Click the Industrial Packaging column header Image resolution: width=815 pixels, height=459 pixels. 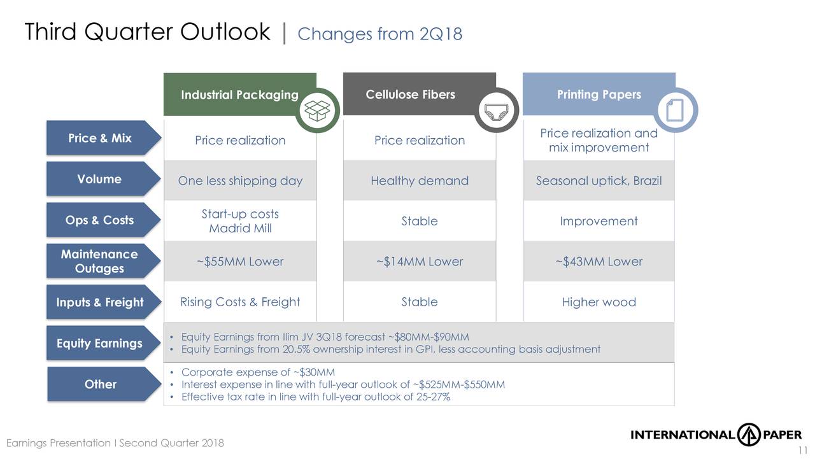tap(240, 95)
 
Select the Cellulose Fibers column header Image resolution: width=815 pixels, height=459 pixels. tap(411, 94)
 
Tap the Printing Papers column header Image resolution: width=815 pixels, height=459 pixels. tap(599, 94)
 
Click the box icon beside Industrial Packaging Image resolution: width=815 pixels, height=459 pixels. tap(317, 110)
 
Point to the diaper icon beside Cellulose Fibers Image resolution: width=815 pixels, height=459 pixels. tap(497, 110)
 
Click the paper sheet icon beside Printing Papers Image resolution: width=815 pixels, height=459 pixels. tap(676, 110)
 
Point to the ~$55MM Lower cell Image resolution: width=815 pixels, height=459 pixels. tap(240, 261)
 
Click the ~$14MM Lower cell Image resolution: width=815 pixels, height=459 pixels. tap(420, 261)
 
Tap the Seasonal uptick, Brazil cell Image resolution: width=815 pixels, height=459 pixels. tap(599, 180)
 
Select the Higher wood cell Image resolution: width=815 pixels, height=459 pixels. tap(599, 302)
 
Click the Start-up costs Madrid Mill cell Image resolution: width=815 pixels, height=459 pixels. tap(240, 221)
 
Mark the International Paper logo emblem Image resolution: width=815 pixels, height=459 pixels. tap(749, 434)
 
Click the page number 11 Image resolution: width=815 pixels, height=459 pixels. tap(803, 450)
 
